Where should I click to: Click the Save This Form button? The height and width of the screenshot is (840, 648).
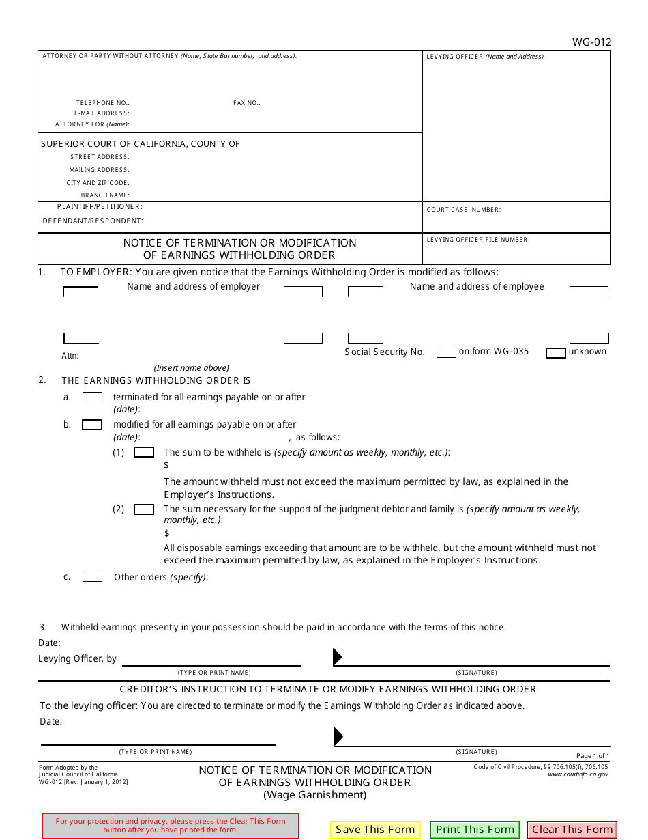pos(375,830)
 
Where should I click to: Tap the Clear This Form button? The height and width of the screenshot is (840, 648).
pos(572,830)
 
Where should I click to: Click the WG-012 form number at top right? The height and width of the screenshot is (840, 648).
pos(591,42)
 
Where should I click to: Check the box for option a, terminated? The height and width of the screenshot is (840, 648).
pos(92,397)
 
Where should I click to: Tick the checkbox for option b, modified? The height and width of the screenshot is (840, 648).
pos(92,425)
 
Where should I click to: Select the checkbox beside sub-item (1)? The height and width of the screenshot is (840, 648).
pos(144,452)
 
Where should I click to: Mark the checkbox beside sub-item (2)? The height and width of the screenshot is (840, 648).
pos(144,509)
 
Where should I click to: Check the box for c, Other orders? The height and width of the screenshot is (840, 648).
pos(92,577)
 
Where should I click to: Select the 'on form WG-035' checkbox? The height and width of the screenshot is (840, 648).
pos(446,352)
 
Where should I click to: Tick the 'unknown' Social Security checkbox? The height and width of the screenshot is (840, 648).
pos(556,352)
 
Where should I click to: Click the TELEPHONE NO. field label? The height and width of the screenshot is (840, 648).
pos(102,103)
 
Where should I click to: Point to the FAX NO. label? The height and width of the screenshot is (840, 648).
pos(247,103)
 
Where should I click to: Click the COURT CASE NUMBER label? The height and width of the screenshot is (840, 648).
pos(464,210)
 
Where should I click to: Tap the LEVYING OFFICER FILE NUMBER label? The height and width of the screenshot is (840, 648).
pos(478,240)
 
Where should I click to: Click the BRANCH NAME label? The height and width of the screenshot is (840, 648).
pos(105,195)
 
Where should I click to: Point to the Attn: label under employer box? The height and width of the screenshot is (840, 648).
pos(70,356)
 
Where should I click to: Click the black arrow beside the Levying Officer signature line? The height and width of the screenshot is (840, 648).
pos(337,657)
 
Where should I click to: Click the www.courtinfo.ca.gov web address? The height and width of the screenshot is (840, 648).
pos(578,774)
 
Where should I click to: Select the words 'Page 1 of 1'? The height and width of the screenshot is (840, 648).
pos(593,756)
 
